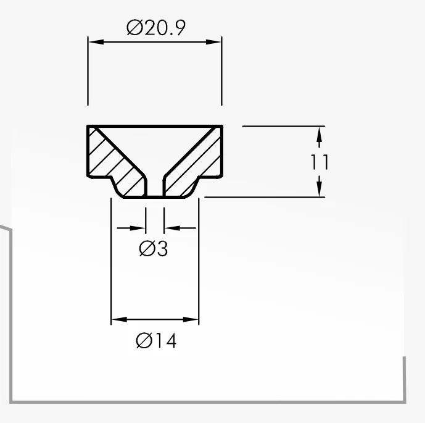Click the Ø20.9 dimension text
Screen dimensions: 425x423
[x=156, y=27]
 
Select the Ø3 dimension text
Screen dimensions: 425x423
[x=154, y=248]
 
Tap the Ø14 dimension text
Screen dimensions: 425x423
[x=156, y=340]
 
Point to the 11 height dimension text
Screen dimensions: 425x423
[x=320, y=162]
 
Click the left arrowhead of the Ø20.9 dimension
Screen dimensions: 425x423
[x=96, y=42]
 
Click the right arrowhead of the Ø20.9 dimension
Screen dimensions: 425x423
[x=213, y=42]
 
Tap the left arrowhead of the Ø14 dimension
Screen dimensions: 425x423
[x=119, y=319]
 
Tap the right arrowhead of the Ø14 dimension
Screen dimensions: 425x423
[x=191, y=319]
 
